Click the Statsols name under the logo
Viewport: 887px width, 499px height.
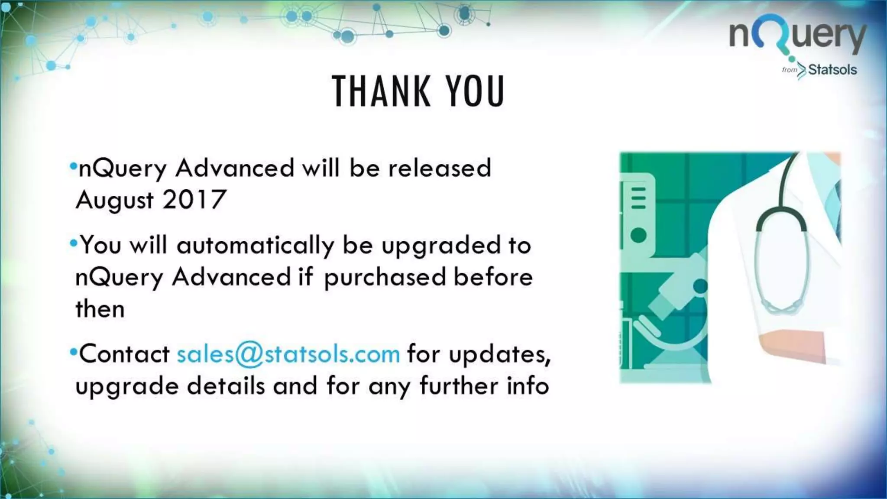(x=832, y=70)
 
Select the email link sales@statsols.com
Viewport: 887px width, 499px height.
(x=288, y=353)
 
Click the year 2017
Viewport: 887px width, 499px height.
(x=194, y=199)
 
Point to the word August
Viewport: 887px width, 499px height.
(x=115, y=200)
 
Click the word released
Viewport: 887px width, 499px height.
(x=440, y=168)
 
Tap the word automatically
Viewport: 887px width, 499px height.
(x=255, y=246)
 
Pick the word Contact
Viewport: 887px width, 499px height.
(x=124, y=353)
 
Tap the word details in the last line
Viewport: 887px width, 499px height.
(x=226, y=386)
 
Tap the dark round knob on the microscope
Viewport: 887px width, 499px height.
(x=700, y=286)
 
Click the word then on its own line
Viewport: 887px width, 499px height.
(x=100, y=309)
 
